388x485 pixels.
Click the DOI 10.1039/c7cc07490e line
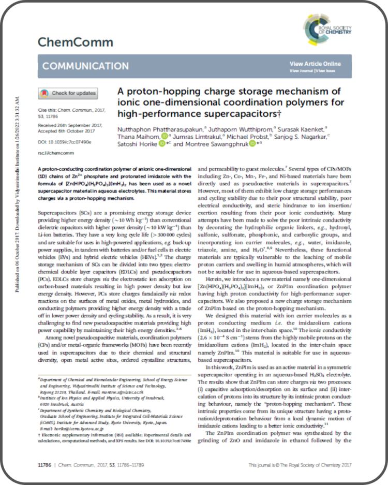pyautogui.click(x=65, y=141)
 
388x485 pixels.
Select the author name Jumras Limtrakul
pyautogui.click(x=199, y=136)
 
